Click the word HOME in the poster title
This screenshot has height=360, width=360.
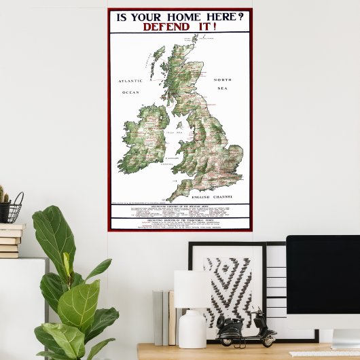pos(178,17)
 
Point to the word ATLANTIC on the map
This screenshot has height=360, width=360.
pos(130,81)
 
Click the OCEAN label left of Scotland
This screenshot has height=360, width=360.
pos(130,92)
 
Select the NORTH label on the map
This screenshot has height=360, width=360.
pos(223,79)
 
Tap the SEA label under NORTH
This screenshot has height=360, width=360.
pos(223,88)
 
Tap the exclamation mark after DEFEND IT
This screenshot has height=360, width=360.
pos(214,27)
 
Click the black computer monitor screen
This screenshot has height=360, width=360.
pos(323,282)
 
